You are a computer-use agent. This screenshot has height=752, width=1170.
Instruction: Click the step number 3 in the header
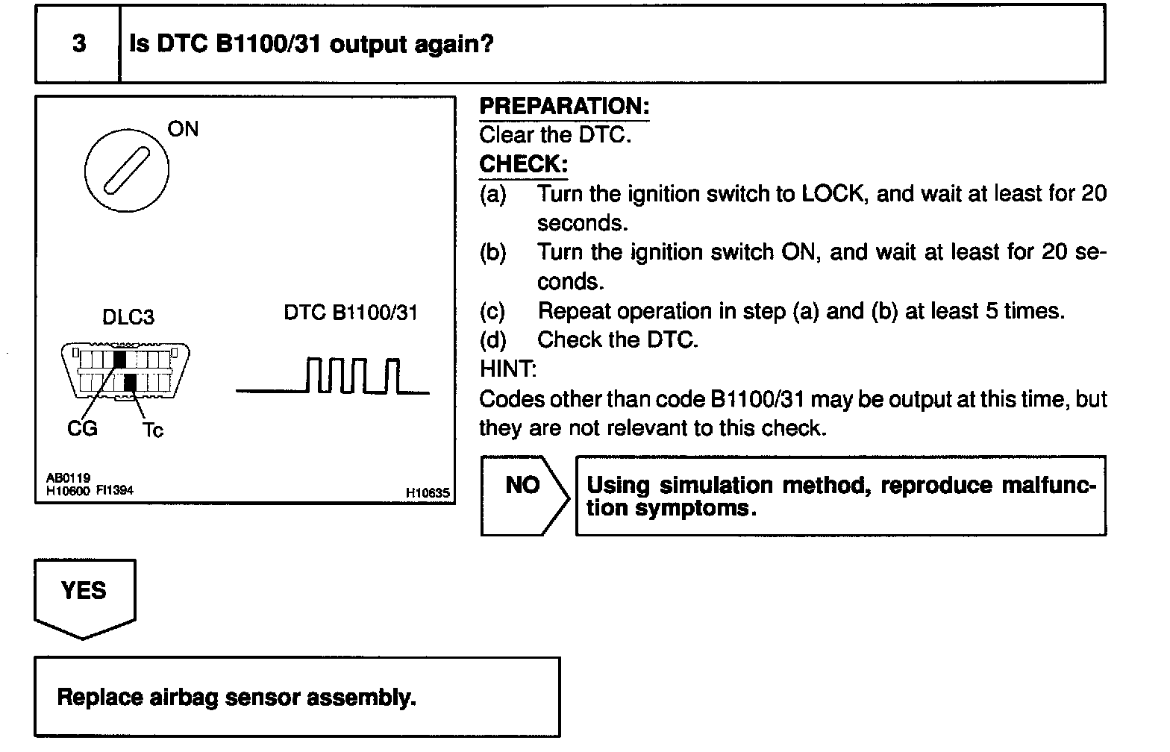tap(78, 43)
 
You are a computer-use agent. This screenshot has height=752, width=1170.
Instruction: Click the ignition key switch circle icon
tap(126, 170)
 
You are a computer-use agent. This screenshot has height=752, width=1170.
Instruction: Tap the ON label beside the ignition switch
tap(183, 129)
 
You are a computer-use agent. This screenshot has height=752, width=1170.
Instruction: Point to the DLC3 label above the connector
tap(128, 317)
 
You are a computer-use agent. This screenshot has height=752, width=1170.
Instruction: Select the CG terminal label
tap(82, 428)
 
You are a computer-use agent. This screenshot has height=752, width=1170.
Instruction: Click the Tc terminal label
tap(152, 430)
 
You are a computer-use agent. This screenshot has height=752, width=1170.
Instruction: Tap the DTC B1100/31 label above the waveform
tap(350, 313)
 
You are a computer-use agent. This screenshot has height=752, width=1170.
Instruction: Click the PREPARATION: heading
tap(563, 106)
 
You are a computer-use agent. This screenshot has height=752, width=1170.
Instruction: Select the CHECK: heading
tap(523, 163)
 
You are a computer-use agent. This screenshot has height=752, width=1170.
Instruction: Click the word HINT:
tap(507, 369)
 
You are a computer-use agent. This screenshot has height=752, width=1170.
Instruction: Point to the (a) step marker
tap(492, 194)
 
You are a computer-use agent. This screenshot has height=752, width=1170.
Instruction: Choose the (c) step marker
tap(492, 310)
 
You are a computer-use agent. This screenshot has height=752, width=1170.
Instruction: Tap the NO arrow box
tap(523, 495)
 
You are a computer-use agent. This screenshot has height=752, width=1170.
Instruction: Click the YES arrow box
tap(84, 596)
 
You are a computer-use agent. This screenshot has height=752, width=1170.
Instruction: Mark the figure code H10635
tap(428, 492)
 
